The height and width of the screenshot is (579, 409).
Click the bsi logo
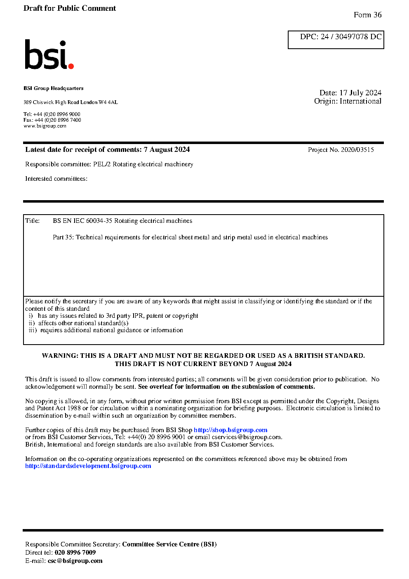49,54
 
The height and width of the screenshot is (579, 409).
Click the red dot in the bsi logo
71,66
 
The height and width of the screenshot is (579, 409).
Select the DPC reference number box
336,40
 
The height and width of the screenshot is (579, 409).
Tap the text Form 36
367,15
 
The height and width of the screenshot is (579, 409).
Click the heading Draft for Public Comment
70,8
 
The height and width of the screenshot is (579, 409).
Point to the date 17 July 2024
360,93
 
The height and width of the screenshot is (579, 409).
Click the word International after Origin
360,101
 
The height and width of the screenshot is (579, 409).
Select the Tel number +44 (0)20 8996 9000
57,114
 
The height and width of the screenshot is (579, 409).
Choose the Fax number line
52,120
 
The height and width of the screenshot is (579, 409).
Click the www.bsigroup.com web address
45,126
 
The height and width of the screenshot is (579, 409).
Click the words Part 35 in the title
63,237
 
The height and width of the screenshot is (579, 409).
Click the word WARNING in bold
59,356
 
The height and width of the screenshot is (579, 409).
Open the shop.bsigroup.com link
230,430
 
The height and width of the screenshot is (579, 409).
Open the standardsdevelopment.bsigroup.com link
88,466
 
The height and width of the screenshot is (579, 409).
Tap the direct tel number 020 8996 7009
75,553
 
